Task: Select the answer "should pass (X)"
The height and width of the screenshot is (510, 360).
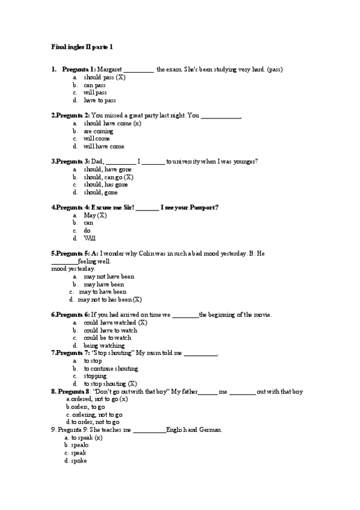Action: (104, 78)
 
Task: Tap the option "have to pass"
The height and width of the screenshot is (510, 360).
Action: (99, 100)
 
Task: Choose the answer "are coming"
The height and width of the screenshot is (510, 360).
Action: (98, 131)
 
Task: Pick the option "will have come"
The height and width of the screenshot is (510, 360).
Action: (103, 146)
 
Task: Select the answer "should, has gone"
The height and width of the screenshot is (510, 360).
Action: (105, 185)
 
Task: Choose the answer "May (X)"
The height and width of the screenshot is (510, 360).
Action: (94, 215)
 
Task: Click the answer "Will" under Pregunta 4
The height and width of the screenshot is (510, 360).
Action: (90, 238)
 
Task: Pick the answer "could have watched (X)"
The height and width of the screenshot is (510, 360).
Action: (115, 322)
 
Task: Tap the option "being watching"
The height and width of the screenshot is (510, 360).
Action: (104, 345)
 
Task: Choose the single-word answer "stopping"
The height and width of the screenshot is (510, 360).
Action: (95, 376)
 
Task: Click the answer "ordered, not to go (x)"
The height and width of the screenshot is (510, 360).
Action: (99, 399)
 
